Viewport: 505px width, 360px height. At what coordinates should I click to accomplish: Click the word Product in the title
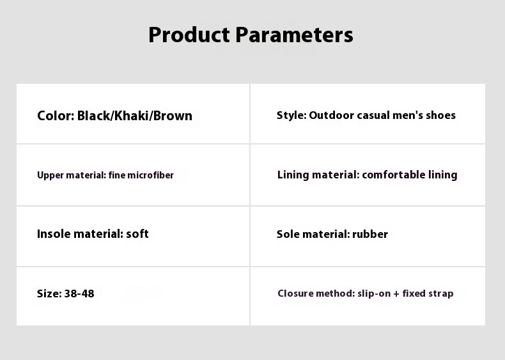[189, 35]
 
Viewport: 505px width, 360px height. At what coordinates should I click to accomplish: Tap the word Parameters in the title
[294, 35]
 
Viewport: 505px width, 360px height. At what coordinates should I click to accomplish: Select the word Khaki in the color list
[132, 115]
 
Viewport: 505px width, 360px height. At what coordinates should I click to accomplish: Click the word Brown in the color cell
[173, 115]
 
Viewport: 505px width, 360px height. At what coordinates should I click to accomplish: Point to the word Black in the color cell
[94, 115]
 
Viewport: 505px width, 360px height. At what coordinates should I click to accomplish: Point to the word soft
[137, 233]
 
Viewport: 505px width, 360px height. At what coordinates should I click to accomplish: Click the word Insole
[54, 233]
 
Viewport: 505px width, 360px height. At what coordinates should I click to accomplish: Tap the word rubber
[370, 234]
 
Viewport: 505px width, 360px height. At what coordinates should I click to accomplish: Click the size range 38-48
[79, 293]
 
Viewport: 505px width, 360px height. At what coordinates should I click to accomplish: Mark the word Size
[49, 293]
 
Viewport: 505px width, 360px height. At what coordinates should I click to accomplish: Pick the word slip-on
[374, 293]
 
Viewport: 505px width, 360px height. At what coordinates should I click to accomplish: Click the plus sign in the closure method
[396, 294]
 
